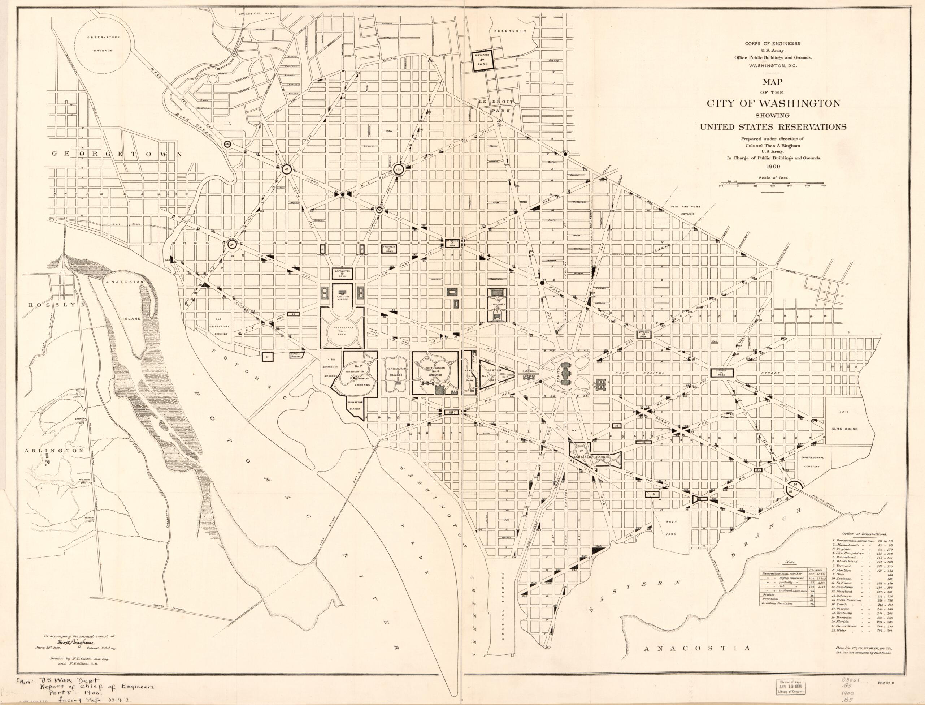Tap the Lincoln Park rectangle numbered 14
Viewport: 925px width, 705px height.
coord(721,372)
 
